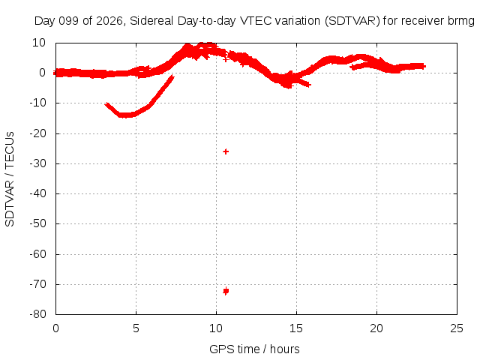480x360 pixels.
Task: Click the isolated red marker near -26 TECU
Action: pyautogui.click(x=226, y=151)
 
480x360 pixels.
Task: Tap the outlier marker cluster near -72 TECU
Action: pyautogui.click(x=226, y=291)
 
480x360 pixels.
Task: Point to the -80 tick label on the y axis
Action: pyautogui.click(x=38, y=314)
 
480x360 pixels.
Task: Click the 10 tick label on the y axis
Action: pyautogui.click(x=39, y=43)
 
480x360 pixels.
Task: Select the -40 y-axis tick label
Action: pyautogui.click(x=38, y=193)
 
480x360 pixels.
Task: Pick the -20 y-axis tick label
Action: pyautogui.click(x=38, y=133)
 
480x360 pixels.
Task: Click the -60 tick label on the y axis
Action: pyautogui.click(x=38, y=254)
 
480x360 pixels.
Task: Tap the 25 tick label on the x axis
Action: pyautogui.click(x=457, y=328)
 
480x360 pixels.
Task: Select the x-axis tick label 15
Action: pyautogui.click(x=296, y=328)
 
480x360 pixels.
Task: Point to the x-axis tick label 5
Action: pyautogui.click(x=136, y=328)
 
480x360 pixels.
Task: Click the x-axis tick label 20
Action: pyautogui.click(x=376, y=328)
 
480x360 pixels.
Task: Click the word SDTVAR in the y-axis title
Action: pyautogui.click(x=10, y=203)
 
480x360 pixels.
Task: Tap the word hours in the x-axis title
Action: pyautogui.click(x=285, y=349)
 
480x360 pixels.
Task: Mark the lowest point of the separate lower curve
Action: pyautogui.click(x=125, y=115)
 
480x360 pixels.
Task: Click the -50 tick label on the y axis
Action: pyautogui.click(x=38, y=223)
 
